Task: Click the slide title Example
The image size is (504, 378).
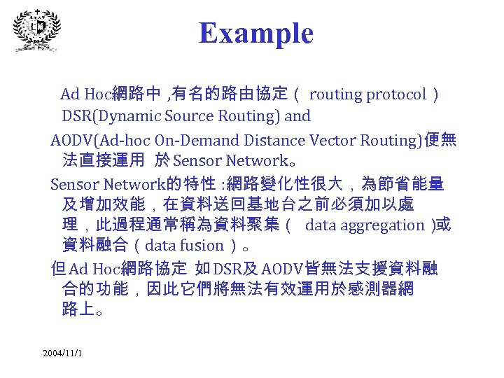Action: (x=255, y=33)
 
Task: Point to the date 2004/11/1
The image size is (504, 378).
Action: (x=62, y=352)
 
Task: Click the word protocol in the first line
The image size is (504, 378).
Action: (x=397, y=94)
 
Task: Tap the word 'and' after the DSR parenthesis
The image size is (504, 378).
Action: (x=297, y=115)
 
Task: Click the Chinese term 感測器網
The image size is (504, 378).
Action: (x=374, y=288)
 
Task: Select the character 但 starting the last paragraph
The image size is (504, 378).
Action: (x=59, y=268)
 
